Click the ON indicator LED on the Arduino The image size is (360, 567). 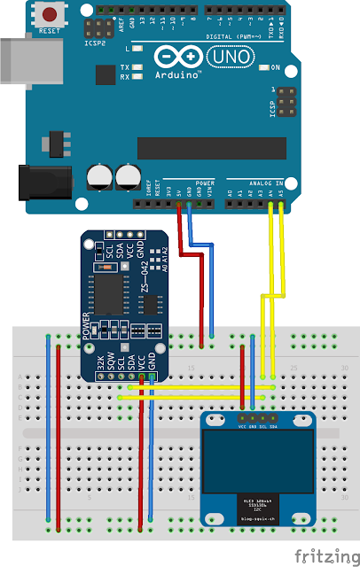[262, 67]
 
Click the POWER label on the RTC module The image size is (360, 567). [87, 326]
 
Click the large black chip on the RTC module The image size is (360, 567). [113, 293]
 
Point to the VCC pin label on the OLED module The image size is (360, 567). [243, 427]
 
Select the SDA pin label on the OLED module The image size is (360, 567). [273, 427]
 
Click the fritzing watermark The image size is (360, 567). [325, 554]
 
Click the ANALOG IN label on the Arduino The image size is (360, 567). [265, 183]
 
